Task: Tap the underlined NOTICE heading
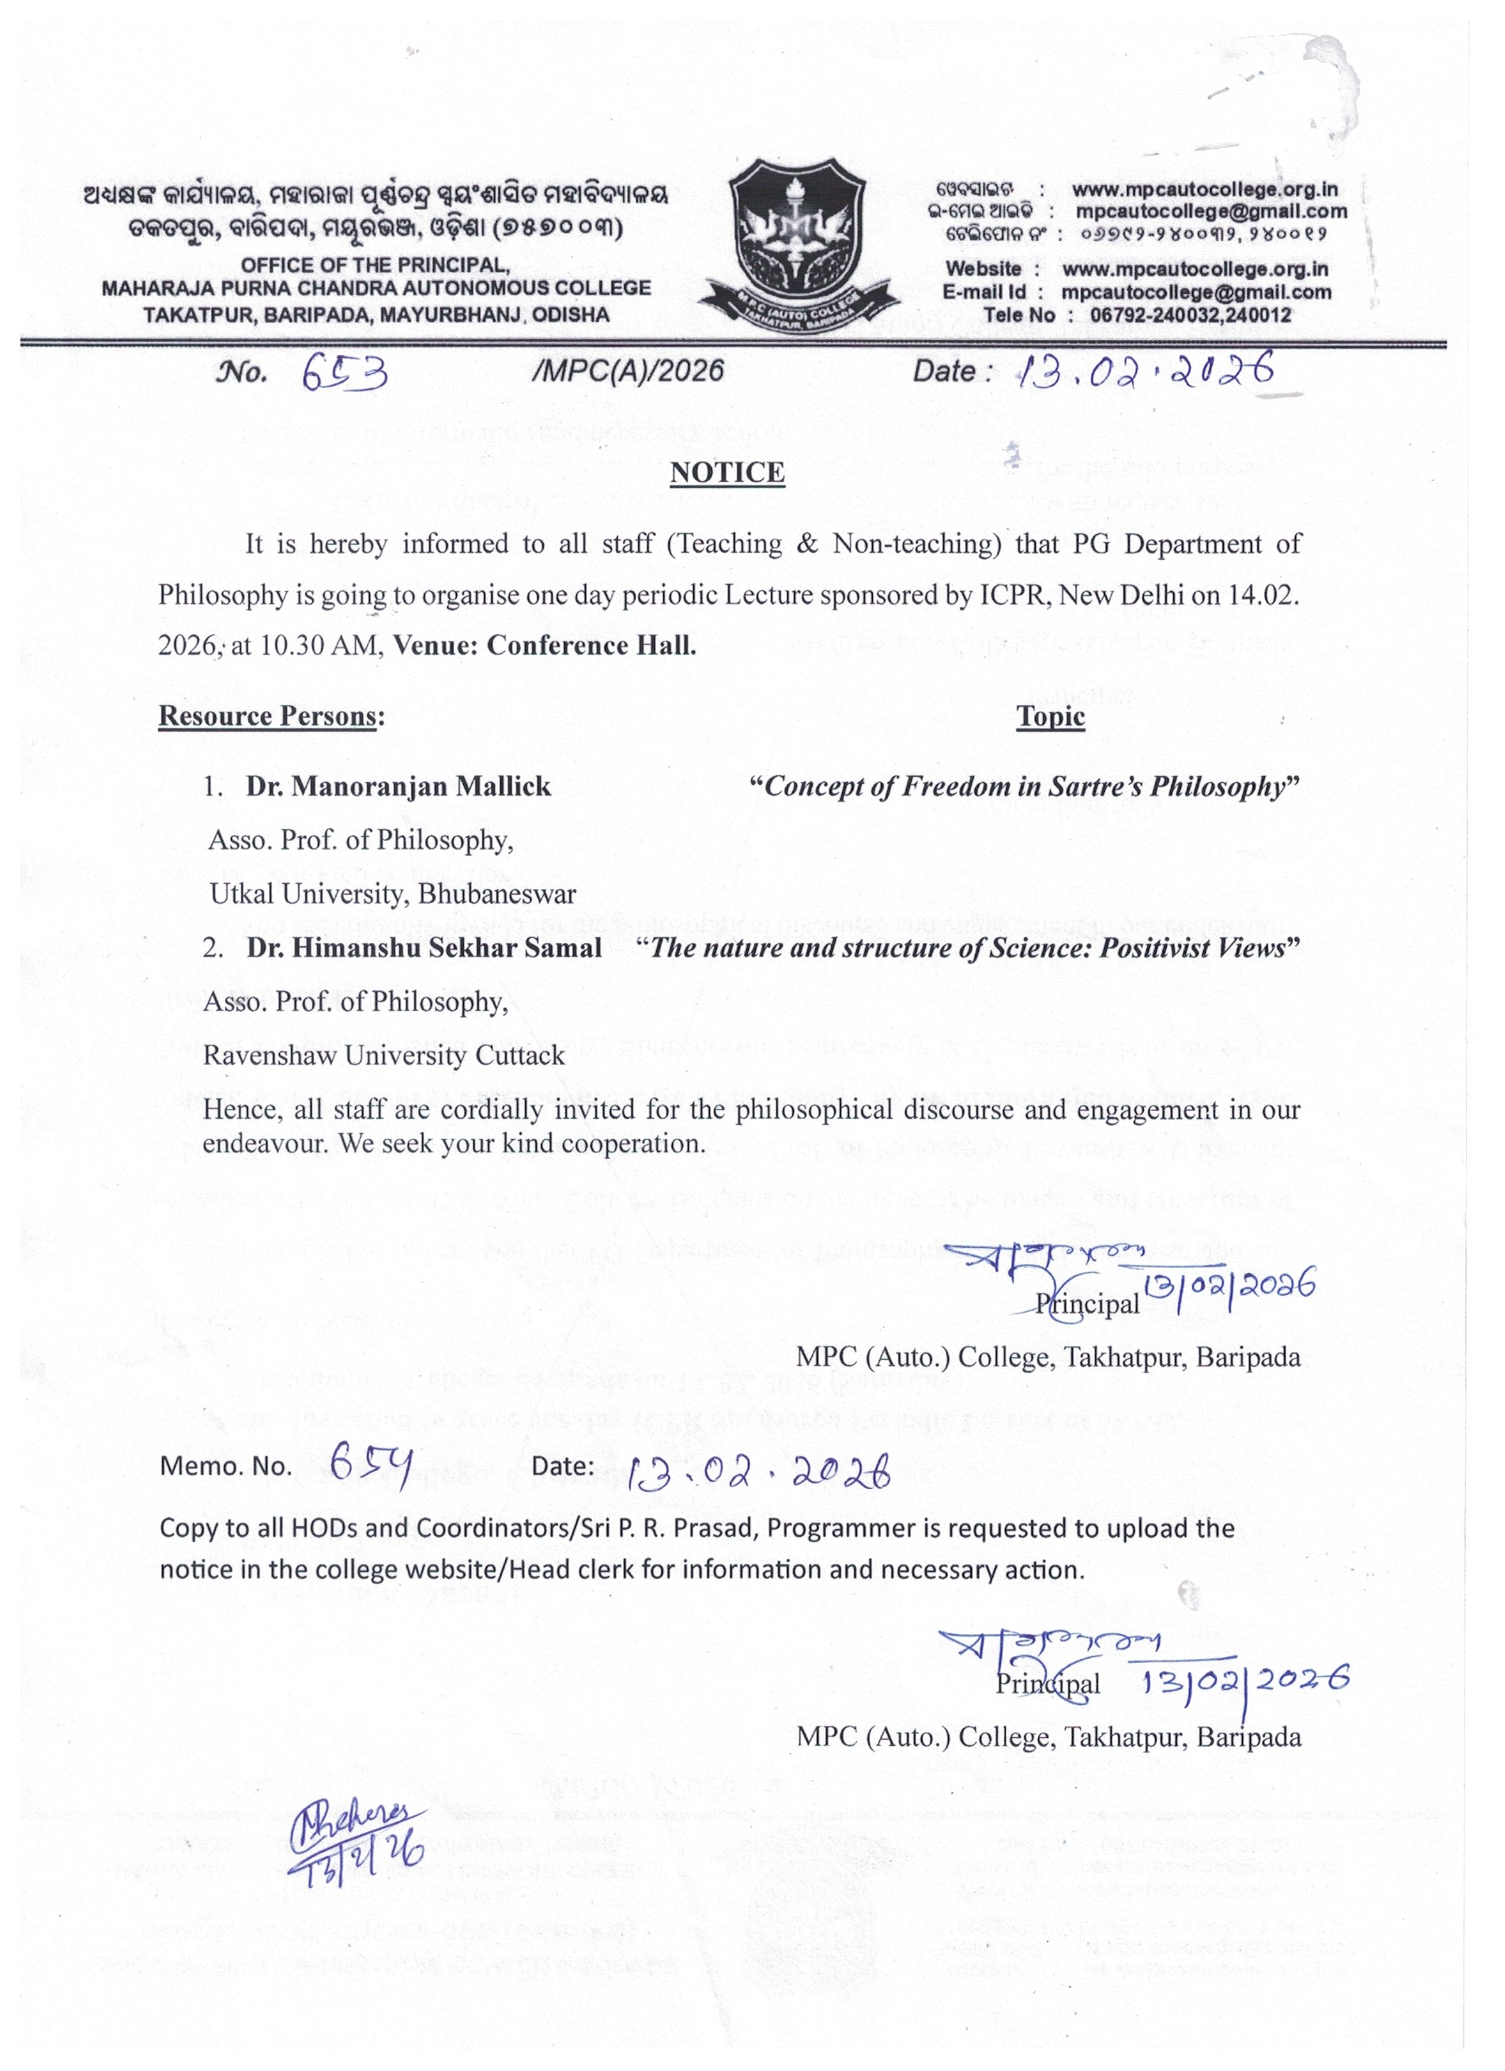tap(728, 472)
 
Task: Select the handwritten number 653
tap(346, 372)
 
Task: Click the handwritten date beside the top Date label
tap(1146, 370)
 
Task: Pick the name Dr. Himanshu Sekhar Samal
tap(423, 947)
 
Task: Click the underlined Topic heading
tap(1051, 717)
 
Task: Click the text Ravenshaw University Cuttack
tap(383, 1056)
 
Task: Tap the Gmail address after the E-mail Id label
tap(1196, 292)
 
